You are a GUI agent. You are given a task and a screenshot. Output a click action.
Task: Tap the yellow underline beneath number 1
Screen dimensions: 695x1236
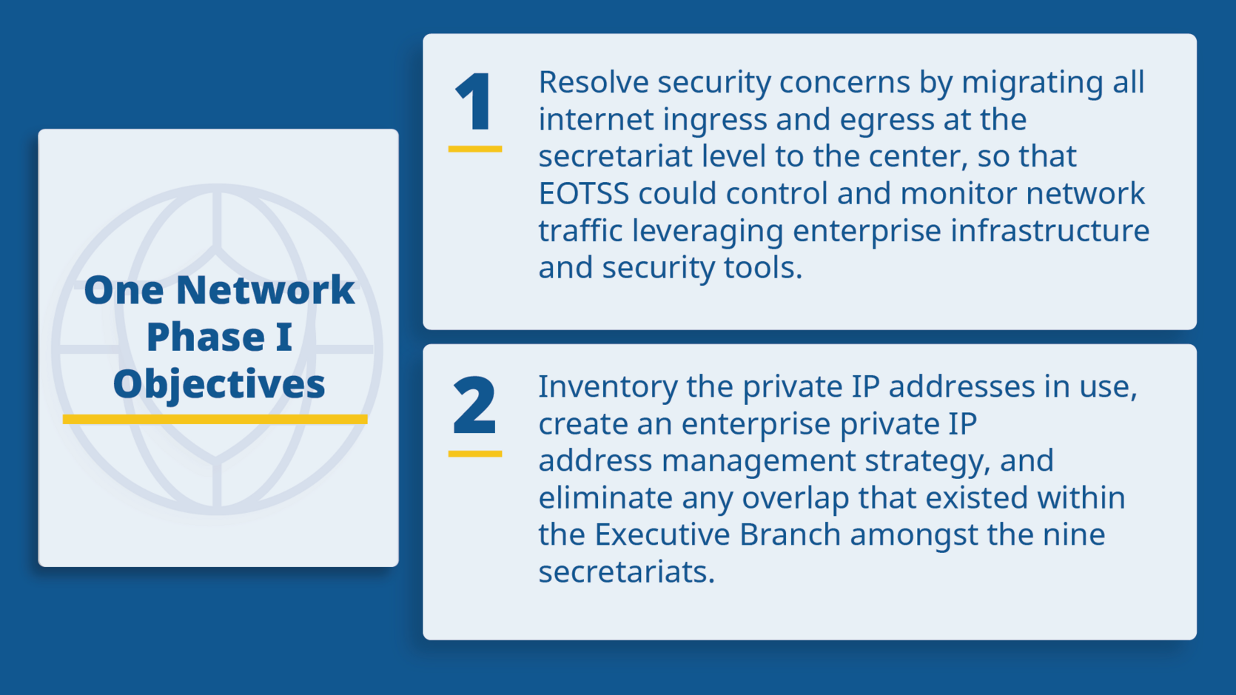coord(474,149)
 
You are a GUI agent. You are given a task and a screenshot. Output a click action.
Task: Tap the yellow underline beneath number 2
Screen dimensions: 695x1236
coord(474,453)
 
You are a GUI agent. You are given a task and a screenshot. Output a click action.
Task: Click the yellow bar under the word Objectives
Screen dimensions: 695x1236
coord(215,420)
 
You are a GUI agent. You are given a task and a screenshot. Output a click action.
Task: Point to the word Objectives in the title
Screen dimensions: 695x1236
coord(219,384)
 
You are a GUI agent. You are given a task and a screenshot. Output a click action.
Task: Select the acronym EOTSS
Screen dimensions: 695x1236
coord(583,194)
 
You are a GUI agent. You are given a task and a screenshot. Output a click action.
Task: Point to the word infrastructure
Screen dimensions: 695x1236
coord(1049,230)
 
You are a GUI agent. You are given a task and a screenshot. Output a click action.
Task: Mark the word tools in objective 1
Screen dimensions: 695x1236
coord(762,268)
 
